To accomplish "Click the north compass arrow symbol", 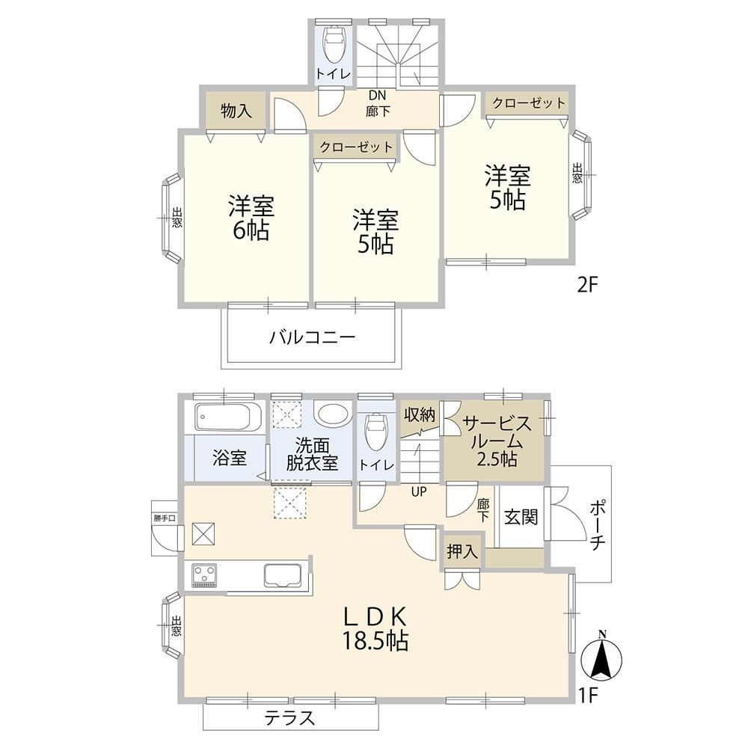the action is point(602,657).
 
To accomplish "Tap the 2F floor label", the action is point(587,285).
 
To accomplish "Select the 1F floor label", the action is point(589,696).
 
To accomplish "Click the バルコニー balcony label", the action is point(313,338).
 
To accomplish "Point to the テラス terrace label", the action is point(290,718).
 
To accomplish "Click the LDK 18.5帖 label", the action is point(375,629).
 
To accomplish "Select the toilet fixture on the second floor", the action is point(334,44).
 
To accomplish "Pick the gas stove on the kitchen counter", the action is point(205,576).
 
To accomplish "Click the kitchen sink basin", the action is point(283,576).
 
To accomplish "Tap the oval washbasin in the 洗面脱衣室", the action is point(334,414).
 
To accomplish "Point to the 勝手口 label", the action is point(165,518).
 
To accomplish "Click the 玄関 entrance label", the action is point(521,517).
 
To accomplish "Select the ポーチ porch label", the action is point(597,524).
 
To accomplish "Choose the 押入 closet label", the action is point(462,551).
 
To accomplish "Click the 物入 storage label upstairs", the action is point(236,111).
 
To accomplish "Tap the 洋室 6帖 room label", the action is point(251,218).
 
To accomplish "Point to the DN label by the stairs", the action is point(377,96).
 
